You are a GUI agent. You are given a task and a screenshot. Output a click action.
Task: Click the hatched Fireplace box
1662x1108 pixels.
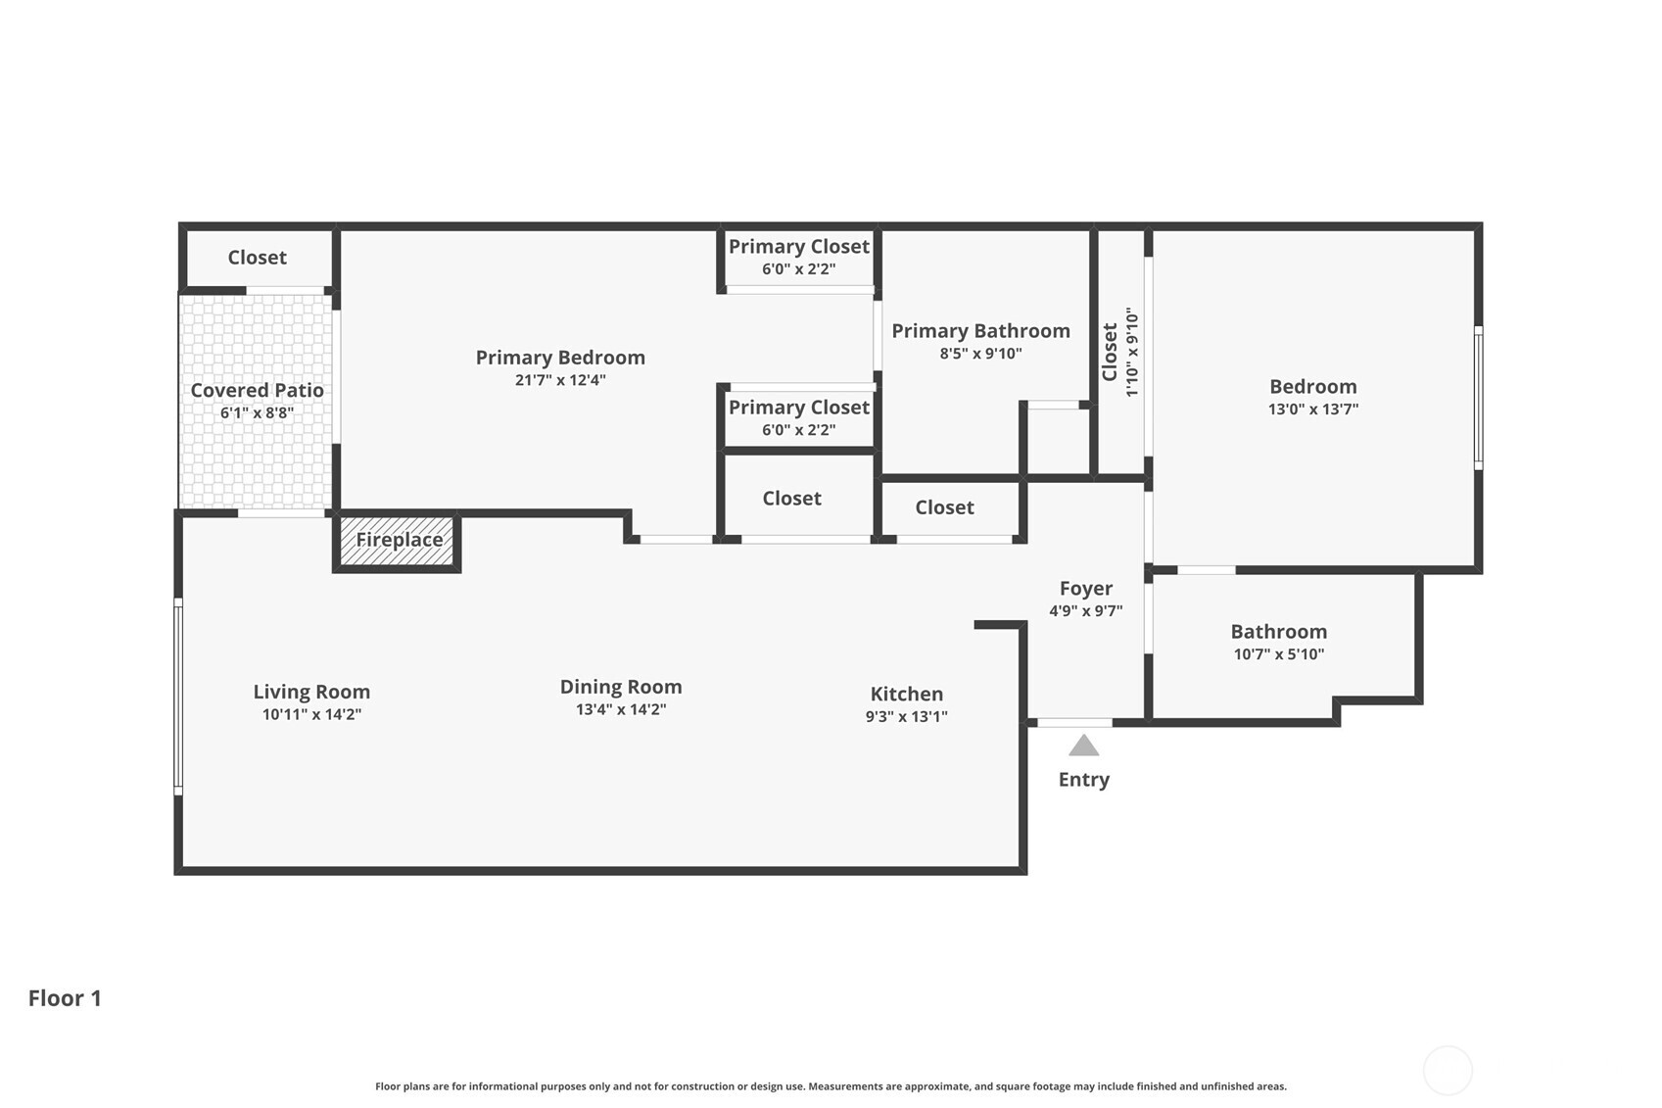pos(398,541)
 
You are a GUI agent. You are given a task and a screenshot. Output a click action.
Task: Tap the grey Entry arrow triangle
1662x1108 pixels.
pos(1083,747)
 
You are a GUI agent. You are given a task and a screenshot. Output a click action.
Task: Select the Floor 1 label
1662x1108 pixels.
pos(65,998)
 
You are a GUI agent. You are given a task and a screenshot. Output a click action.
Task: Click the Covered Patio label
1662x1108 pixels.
pos(257,390)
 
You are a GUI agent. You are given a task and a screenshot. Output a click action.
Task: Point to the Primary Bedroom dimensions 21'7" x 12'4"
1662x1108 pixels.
pos(560,380)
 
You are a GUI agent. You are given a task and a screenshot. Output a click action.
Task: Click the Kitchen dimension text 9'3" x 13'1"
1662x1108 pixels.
pos(906,716)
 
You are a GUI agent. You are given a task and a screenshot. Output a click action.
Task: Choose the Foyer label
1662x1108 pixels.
pos(1085,588)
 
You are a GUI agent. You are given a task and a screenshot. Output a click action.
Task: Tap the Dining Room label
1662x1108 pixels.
pos(621,687)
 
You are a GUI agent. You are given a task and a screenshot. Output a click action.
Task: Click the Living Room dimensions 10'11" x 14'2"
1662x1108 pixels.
pos(311,714)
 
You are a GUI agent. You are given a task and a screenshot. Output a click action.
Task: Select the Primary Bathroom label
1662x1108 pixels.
pos(980,331)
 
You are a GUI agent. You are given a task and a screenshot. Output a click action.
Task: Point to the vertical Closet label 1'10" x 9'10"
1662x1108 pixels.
pos(1119,352)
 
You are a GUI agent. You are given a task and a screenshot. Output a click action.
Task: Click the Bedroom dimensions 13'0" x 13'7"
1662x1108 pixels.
pos(1312,409)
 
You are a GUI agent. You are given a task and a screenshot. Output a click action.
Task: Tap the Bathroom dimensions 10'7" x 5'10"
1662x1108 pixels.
pos(1278,654)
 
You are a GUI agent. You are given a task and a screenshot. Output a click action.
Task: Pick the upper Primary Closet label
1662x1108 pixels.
pos(798,247)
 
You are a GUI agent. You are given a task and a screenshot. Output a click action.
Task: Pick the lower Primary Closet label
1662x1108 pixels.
pos(798,408)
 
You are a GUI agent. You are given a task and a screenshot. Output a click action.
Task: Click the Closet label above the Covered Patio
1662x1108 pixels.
pos(257,258)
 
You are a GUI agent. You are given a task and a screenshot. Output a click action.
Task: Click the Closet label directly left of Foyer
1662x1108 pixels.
pos(944,507)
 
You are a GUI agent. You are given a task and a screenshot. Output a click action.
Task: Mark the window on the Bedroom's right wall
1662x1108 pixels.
pos(1478,398)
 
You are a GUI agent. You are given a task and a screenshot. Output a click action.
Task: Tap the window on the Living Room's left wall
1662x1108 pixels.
pos(178,697)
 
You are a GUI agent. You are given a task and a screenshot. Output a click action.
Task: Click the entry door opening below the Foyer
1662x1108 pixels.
pos(1074,723)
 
